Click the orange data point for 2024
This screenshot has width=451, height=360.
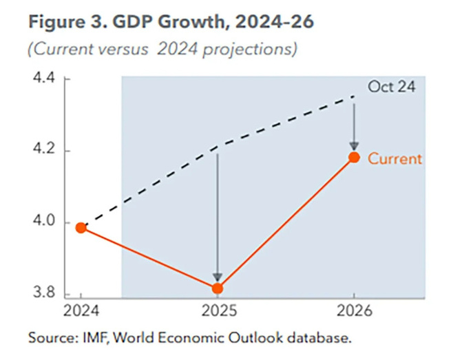pyautogui.click(x=81, y=228)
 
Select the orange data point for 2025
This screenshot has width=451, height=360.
pyautogui.click(x=217, y=288)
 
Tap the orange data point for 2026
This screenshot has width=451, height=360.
pyautogui.click(x=354, y=157)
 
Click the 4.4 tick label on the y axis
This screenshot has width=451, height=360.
pyautogui.click(x=45, y=80)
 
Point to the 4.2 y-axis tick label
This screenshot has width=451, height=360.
pyautogui.click(x=45, y=151)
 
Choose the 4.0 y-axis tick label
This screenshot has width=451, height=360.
pyautogui.click(x=45, y=223)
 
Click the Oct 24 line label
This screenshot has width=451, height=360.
pyautogui.click(x=391, y=87)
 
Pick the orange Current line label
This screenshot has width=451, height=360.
pyautogui.click(x=394, y=158)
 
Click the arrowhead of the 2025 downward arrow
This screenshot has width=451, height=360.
pyautogui.click(x=217, y=278)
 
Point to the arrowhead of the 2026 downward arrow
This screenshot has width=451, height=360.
pyautogui.click(x=354, y=146)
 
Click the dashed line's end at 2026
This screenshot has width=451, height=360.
pyautogui.click(x=353, y=97)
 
